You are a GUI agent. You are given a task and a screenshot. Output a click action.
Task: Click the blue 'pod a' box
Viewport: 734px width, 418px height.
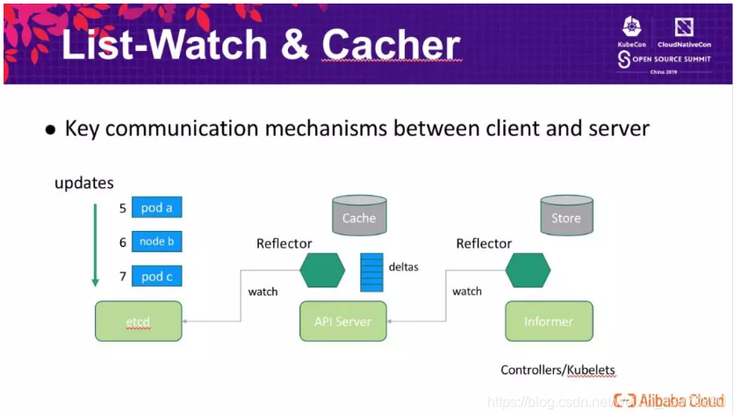click(157, 208)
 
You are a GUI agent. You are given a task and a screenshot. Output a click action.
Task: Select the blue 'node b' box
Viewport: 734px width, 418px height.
click(157, 241)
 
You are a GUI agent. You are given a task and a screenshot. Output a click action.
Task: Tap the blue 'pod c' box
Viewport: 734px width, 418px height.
click(157, 276)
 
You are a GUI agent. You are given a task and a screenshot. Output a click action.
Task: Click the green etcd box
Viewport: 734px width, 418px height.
click(139, 321)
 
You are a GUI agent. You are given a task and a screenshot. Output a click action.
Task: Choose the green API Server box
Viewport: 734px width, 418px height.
click(342, 321)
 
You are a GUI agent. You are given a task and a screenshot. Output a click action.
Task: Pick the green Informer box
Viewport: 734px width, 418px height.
click(549, 321)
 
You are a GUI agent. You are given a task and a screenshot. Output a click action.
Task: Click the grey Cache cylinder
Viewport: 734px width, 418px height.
click(359, 216)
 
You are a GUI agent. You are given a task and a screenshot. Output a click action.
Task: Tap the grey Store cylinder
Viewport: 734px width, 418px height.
click(565, 216)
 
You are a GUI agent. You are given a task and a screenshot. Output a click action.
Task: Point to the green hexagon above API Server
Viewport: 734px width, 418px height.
click(321, 270)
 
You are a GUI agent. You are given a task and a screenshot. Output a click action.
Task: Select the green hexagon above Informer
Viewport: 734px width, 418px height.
click(528, 270)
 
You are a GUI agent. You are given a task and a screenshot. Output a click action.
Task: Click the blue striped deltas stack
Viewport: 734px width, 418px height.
click(372, 271)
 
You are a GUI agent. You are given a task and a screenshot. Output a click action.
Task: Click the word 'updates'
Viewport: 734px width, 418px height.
click(84, 184)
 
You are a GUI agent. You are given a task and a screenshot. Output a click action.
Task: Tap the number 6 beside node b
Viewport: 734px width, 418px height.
click(123, 242)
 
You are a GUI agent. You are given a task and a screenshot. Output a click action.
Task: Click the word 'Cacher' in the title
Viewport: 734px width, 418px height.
click(391, 45)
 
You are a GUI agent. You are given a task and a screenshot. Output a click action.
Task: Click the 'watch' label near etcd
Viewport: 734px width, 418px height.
click(263, 291)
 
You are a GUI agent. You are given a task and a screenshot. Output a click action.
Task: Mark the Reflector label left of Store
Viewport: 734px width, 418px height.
click(484, 243)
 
